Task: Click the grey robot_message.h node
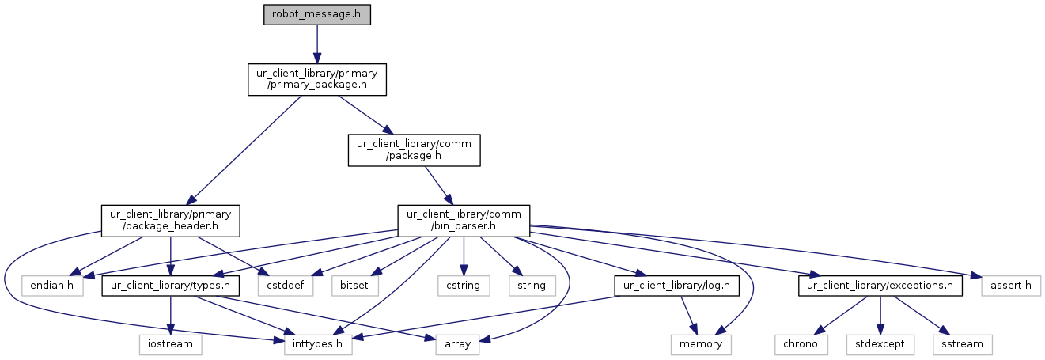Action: click(x=316, y=14)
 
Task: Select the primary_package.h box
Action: click(x=316, y=79)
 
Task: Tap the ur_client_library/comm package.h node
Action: click(x=414, y=150)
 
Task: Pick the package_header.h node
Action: click(x=170, y=221)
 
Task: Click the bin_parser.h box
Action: click(x=464, y=221)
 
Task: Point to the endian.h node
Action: click(x=51, y=286)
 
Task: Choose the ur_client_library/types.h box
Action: click(x=170, y=286)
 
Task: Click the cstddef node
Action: click(x=285, y=286)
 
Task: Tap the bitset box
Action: click(x=354, y=286)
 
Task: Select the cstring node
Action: click(x=464, y=286)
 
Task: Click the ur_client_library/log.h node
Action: click(x=676, y=286)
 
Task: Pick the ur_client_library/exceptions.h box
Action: click(x=880, y=286)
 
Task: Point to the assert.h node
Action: click(x=1010, y=286)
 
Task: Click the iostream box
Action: click(x=170, y=345)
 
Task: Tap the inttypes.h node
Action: click(x=317, y=345)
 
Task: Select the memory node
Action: click(x=701, y=345)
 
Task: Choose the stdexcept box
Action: click(x=880, y=345)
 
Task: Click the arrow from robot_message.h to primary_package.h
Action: click(x=316, y=44)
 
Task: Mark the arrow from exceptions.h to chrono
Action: click(x=841, y=315)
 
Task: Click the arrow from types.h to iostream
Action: click(x=170, y=315)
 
